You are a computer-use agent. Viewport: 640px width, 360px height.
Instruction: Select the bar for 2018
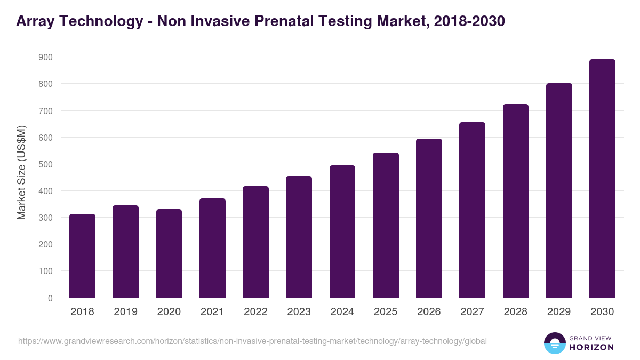coord(82,256)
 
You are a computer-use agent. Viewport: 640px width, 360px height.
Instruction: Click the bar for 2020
coord(169,253)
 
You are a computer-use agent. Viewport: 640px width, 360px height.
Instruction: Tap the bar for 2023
coord(299,237)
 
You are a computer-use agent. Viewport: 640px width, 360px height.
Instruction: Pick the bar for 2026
coord(429,218)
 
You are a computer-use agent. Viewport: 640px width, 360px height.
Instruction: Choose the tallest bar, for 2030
coord(602,179)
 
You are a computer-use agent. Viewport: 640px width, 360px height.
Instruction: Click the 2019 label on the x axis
coord(125,312)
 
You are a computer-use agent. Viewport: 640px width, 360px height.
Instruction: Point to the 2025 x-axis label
coord(386,312)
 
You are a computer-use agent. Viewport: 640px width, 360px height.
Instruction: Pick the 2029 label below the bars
coord(559,312)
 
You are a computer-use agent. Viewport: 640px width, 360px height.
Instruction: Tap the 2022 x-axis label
coord(255,312)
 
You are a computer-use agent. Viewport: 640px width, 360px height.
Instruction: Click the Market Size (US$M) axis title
coord(21,172)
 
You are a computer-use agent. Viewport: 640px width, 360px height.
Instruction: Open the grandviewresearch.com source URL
coord(252,341)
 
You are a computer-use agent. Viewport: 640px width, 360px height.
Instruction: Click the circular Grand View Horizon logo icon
coord(554,343)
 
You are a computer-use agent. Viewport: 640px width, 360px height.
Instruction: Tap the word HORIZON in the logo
coord(592,347)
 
